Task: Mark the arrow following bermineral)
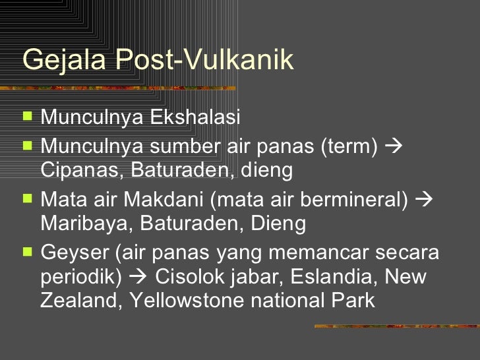[x=425, y=198]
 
